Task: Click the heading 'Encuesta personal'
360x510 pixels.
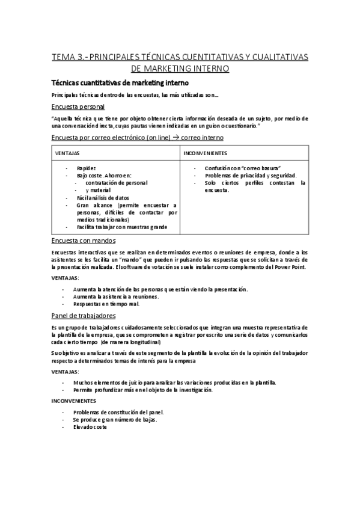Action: point(78,106)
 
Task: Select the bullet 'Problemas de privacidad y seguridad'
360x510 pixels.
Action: point(249,175)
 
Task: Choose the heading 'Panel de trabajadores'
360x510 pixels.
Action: point(84,315)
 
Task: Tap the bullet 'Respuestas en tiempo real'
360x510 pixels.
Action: point(106,304)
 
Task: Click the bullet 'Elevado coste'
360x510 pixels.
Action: point(90,426)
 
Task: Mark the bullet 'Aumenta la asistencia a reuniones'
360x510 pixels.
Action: point(116,296)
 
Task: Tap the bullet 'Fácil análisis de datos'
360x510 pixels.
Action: point(103,197)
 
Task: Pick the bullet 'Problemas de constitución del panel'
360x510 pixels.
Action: point(118,412)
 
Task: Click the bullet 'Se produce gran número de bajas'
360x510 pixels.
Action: point(115,419)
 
